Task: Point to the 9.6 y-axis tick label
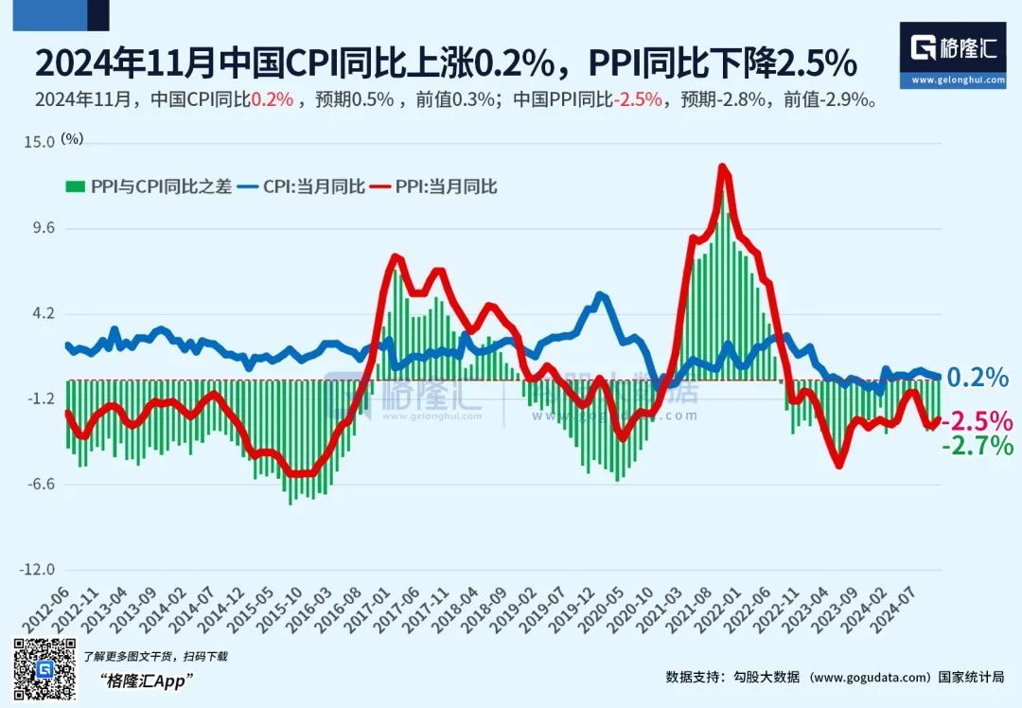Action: tap(44, 228)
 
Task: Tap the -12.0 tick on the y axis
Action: tap(38, 570)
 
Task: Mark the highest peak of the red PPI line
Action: tap(722, 168)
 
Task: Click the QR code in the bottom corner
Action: tap(44, 671)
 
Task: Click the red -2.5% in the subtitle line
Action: tap(639, 98)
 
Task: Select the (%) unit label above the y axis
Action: tap(73, 138)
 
